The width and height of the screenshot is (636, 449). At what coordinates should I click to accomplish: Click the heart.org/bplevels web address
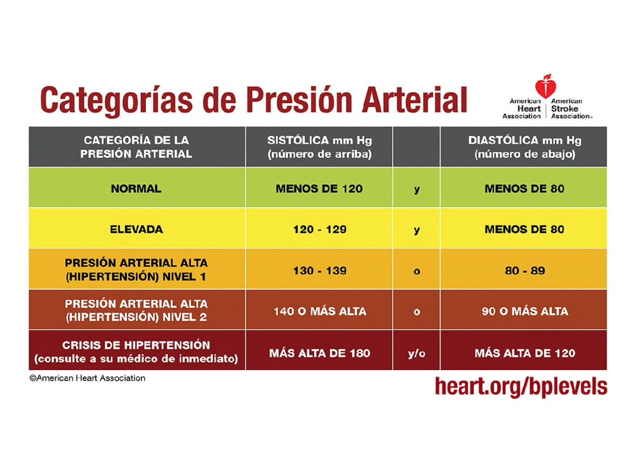[x=520, y=387]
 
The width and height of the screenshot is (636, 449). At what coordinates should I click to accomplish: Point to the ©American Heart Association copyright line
[x=87, y=378]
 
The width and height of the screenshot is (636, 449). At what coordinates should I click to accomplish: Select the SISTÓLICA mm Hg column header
[x=319, y=147]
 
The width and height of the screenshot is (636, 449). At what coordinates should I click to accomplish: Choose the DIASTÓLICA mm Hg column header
[x=524, y=147]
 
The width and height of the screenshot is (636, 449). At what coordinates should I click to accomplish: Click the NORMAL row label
[x=136, y=188]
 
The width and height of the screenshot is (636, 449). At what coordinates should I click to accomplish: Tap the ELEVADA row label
[x=136, y=230]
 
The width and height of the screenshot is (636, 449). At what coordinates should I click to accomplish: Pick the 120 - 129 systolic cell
[x=320, y=230]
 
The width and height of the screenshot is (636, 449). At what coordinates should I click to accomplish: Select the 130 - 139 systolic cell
[x=320, y=271]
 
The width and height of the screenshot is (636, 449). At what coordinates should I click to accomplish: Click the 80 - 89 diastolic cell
[x=525, y=271]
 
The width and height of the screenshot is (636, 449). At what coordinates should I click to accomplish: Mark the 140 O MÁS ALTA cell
[x=320, y=311]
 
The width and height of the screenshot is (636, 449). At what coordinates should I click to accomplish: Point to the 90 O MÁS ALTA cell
[x=525, y=311]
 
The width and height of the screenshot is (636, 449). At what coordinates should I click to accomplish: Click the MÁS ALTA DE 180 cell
[x=320, y=353]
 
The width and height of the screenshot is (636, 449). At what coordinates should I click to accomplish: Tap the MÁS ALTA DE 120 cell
[x=525, y=353]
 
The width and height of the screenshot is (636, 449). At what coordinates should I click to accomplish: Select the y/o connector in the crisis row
[x=417, y=353]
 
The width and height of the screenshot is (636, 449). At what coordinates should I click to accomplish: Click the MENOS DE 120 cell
[x=320, y=188]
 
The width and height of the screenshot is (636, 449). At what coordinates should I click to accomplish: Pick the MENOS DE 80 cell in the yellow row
[x=525, y=230]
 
